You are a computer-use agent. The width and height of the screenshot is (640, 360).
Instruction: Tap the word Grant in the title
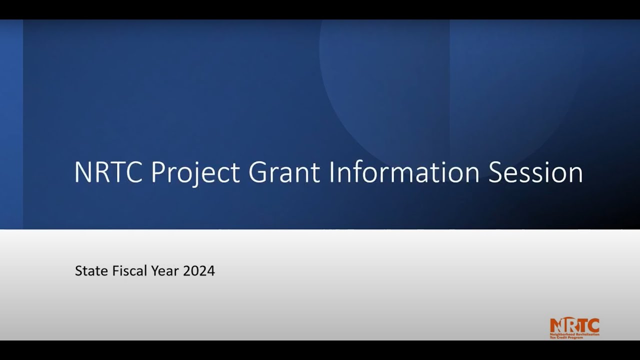click(284, 172)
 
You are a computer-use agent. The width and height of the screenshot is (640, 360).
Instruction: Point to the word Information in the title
click(404, 172)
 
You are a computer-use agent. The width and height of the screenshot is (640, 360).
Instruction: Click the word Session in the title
click(535, 172)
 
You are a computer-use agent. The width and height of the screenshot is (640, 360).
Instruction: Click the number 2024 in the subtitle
click(199, 271)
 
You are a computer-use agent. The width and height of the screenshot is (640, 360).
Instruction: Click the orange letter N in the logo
click(556, 325)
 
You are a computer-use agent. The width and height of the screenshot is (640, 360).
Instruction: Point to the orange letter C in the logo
click(593, 325)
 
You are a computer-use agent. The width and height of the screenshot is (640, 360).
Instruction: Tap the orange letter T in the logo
click(581, 325)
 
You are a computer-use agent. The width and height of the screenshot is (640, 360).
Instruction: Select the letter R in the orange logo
click(570, 325)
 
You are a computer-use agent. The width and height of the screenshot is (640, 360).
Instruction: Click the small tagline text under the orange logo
click(574, 335)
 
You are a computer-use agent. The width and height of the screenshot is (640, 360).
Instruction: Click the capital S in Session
click(496, 172)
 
